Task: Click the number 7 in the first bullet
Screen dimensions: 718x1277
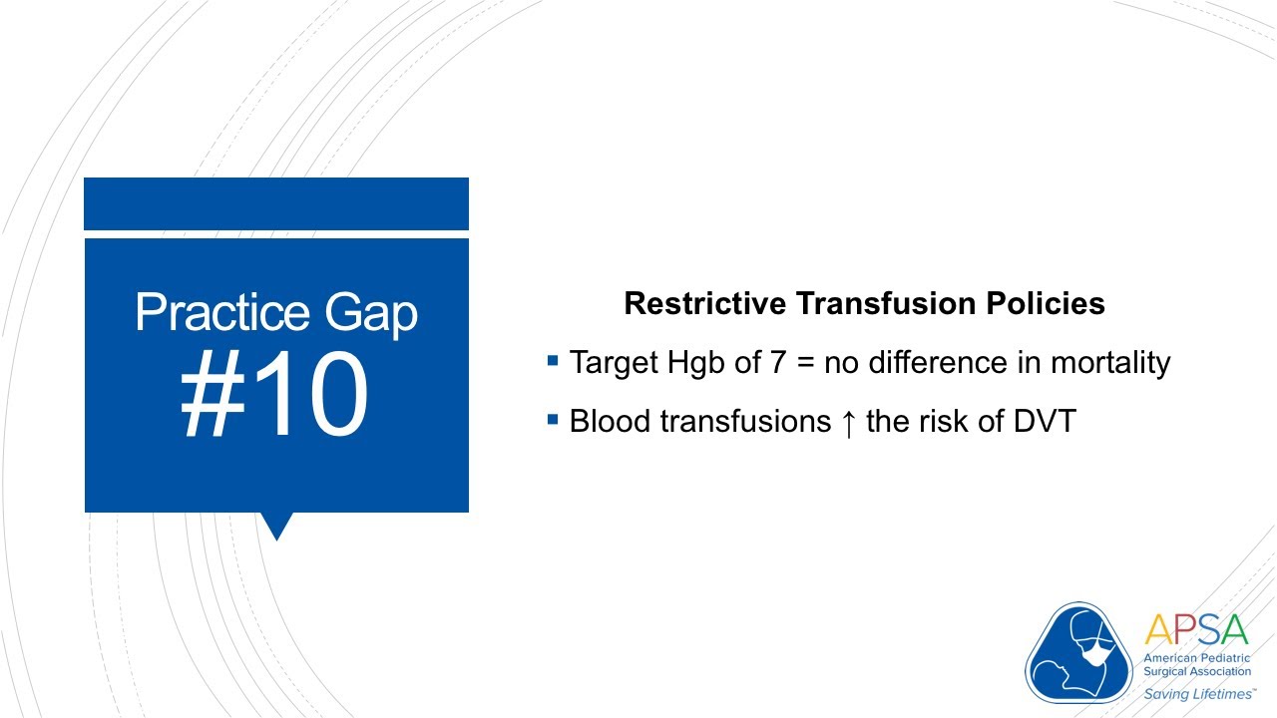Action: [x=779, y=363]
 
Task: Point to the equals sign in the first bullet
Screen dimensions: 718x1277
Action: [x=806, y=363]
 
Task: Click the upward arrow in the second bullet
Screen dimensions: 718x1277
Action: [x=848, y=422]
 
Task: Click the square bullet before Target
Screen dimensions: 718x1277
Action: [x=553, y=358]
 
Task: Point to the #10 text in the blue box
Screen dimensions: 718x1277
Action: [x=275, y=396]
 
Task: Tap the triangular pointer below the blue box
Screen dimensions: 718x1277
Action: [x=275, y=525]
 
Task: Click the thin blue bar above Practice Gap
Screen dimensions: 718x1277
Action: [x=276, y=203]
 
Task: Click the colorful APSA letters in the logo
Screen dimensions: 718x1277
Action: [x=1196, y=630]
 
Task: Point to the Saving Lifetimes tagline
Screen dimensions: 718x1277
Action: [x=1196, y=693]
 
